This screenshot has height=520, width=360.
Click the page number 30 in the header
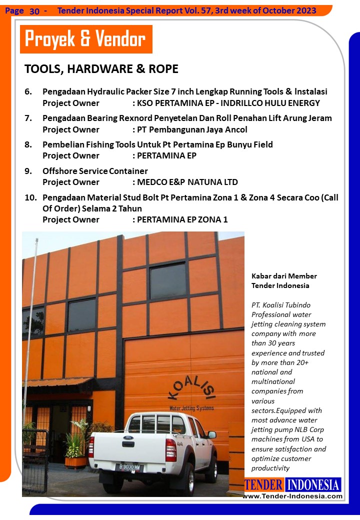[34, 10]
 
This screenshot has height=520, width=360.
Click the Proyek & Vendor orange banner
[85, 39]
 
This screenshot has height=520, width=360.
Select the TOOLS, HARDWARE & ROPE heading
[101, 69]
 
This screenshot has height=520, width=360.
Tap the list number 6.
[28, 92]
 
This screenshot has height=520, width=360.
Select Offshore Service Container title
[95, 171]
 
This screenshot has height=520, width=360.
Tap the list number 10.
[30, 197]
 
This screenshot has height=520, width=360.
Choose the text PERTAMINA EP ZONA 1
[182, 219]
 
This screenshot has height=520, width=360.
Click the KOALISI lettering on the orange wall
[191, 388]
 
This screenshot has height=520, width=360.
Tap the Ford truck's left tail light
[91, 446]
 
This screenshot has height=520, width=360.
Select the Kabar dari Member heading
[283, 276]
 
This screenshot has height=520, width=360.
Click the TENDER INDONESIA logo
[292, 484]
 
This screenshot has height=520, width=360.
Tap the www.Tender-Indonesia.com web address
[292, 496]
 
